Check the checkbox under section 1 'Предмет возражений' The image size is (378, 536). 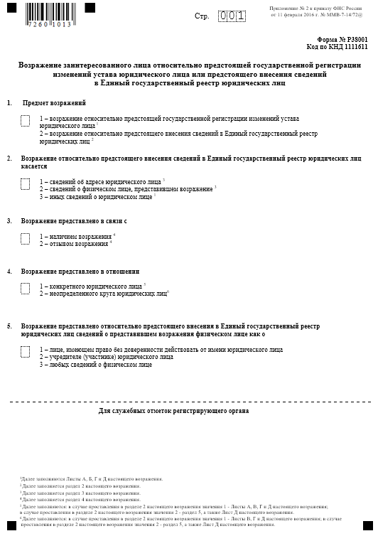tap(25, 121)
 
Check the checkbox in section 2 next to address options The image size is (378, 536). tap(25, 183)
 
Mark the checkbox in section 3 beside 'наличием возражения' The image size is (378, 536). tap(25, 238)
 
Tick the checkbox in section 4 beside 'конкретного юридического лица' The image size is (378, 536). tap(25, 288)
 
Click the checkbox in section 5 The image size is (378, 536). tap(25, 351)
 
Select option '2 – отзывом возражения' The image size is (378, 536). tap(75, 244)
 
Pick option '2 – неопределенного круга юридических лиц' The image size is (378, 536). tap(103, 293)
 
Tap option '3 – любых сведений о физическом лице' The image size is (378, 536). tap(95, 365)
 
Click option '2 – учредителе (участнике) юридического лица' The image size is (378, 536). tap(107, 358)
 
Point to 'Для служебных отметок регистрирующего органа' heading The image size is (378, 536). tap(173, 412)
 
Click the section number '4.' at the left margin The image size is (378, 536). tap(9, 272)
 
